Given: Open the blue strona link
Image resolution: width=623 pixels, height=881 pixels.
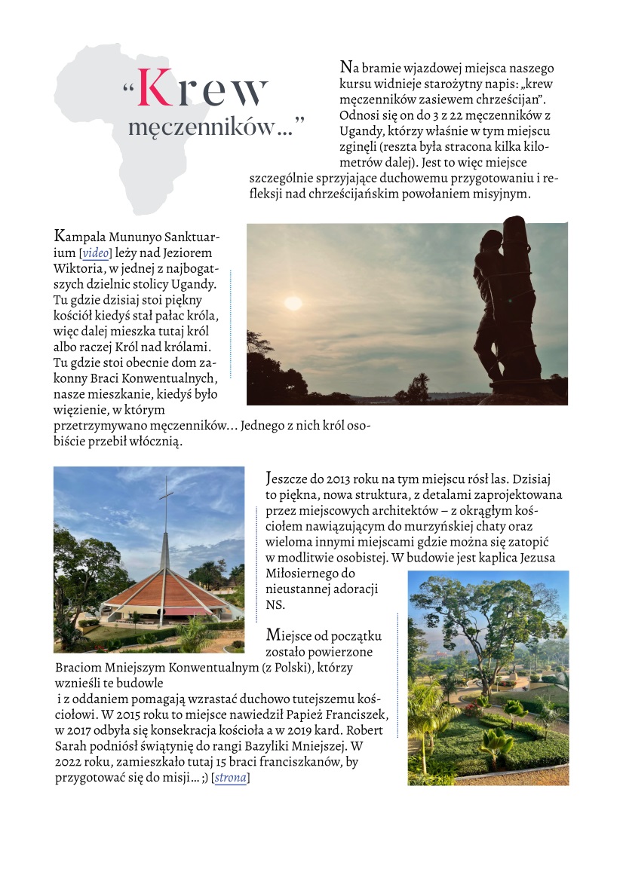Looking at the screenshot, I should point(230,778).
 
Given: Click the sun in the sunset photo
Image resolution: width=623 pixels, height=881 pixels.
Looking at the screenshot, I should point(293,302).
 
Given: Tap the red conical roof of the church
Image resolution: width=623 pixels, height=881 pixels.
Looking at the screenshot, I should point(162,583).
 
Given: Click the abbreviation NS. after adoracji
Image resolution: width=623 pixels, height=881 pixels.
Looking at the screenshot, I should point(275,605).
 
